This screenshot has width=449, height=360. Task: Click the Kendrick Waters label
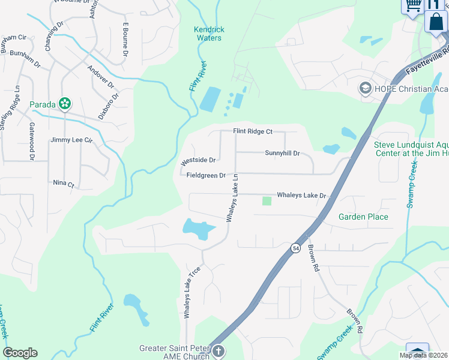[209, 34]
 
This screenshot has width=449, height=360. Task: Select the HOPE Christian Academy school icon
[364, 89]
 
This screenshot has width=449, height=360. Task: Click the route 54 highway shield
[295, 247]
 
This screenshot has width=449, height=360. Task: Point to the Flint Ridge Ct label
[253, 131]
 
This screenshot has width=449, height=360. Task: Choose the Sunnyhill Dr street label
[282, 153]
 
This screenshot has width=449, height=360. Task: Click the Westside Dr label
[198, 161]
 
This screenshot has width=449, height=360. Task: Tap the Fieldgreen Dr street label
[206, 176]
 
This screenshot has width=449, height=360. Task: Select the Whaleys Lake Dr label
[301, 196]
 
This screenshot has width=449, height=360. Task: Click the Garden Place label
[363, 217]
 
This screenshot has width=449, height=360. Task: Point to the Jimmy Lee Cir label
[72, 140]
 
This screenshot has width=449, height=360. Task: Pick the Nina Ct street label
[63, 184]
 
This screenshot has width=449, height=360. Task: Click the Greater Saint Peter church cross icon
[218, 351]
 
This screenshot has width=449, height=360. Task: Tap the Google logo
[20, 353]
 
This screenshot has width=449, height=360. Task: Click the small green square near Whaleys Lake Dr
[267, 200]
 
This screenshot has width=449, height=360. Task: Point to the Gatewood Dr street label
[32, 137]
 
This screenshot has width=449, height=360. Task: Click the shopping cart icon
[412, 6]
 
